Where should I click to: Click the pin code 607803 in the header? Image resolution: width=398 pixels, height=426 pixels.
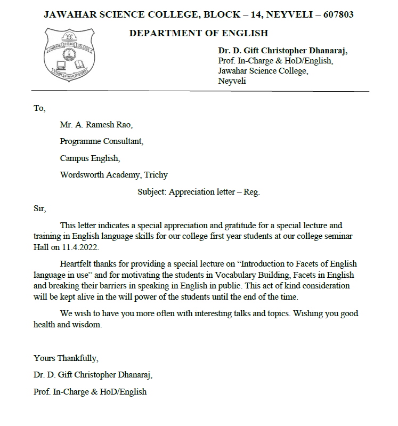click(335, 14)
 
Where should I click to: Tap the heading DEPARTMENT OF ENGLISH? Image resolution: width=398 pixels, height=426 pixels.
click(198, 34)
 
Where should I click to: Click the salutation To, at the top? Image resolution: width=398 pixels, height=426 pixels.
click(39, 108)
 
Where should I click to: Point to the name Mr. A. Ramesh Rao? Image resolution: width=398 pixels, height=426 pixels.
click(96, 125)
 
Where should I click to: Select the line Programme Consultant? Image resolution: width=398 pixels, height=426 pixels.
click(101, 142)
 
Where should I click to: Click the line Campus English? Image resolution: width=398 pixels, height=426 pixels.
click(90, 158)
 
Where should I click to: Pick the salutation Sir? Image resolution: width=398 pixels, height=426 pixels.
click(40, 208)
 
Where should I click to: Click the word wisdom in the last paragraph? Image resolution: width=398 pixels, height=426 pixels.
click(87, 325)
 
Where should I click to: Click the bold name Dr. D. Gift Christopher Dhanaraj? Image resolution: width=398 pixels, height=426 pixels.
click(282, 51)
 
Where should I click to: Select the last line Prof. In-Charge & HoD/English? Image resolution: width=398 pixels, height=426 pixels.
click(90, 392)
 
